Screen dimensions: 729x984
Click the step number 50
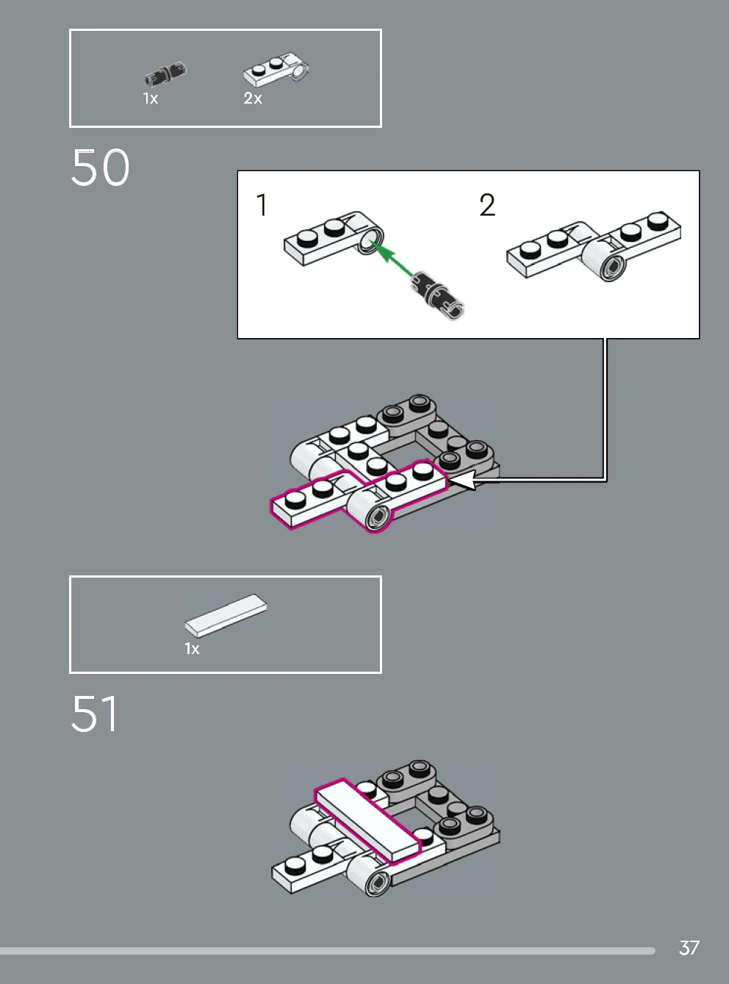(x=100, y=168)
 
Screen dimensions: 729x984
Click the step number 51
(x=95, y=714)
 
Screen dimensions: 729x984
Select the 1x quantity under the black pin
(x=151, y=98)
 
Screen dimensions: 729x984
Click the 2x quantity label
(x=253, y=98)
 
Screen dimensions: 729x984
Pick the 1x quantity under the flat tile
(x=192, y=649)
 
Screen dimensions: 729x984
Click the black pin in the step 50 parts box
(x=165, y=73)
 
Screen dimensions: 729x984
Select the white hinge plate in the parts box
(x=276, y=69)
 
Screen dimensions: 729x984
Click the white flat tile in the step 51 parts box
(x=226, y=617)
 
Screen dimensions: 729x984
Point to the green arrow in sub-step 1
(x=393, y=259)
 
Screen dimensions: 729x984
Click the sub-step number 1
(x=262, y=205)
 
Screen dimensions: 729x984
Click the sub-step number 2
(x=487, y=205)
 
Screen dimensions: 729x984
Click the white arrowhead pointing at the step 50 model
(x=462, y=481)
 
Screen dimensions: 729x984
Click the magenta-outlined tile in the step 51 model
(x=367, y=821)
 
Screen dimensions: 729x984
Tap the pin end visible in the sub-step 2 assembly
(x=613, y=267)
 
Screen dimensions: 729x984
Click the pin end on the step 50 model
(x=378, y=517)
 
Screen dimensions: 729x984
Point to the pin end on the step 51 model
(x=378, y=883)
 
